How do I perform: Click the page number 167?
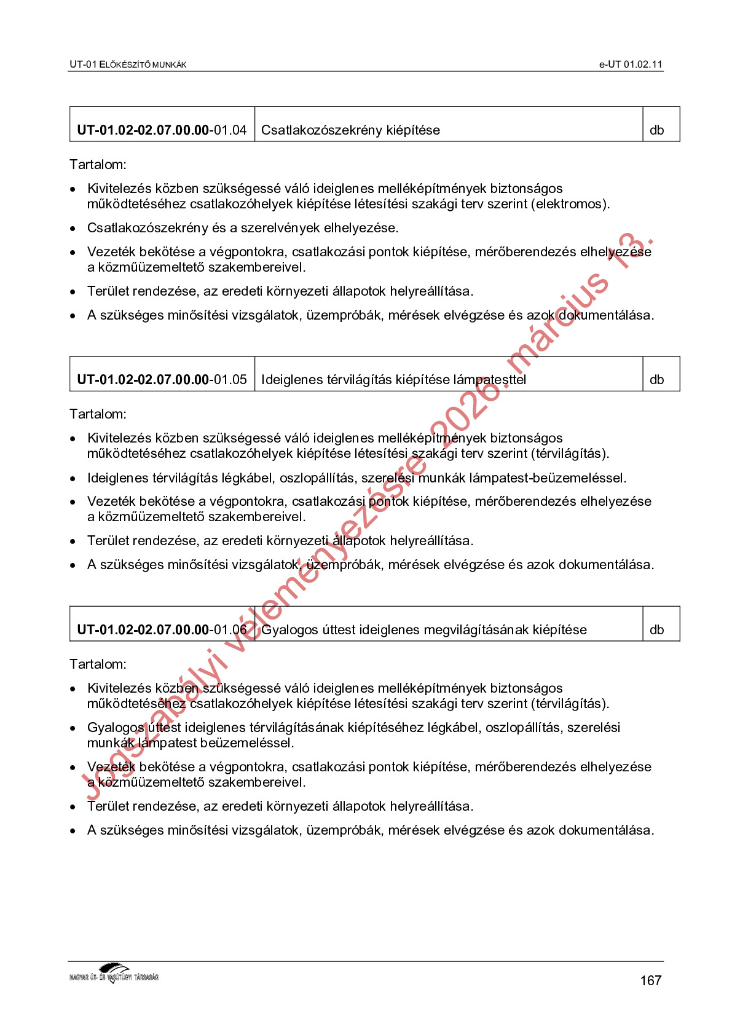click(x=650, y=980)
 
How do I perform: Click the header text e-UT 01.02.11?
click(x=631, y=64)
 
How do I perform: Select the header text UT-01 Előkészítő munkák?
click(x=128, y=64)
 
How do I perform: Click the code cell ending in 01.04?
click(x=162, y=130)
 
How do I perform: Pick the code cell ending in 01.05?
click(x=162, y=379)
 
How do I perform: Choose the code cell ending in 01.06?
click(x=162, y=629)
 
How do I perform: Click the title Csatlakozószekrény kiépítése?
click(x=350, y=130)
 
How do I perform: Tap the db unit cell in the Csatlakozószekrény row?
click(x=657, y=130)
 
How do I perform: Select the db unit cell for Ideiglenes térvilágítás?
click(x=657, y=379)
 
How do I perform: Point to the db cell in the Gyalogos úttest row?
click(x=657, y=629)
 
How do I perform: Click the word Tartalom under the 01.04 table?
click(x=98, y=164)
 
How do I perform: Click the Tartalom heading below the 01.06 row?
click(x=98, y=664)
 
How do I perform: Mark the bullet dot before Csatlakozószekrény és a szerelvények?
click(x=73, y=229)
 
